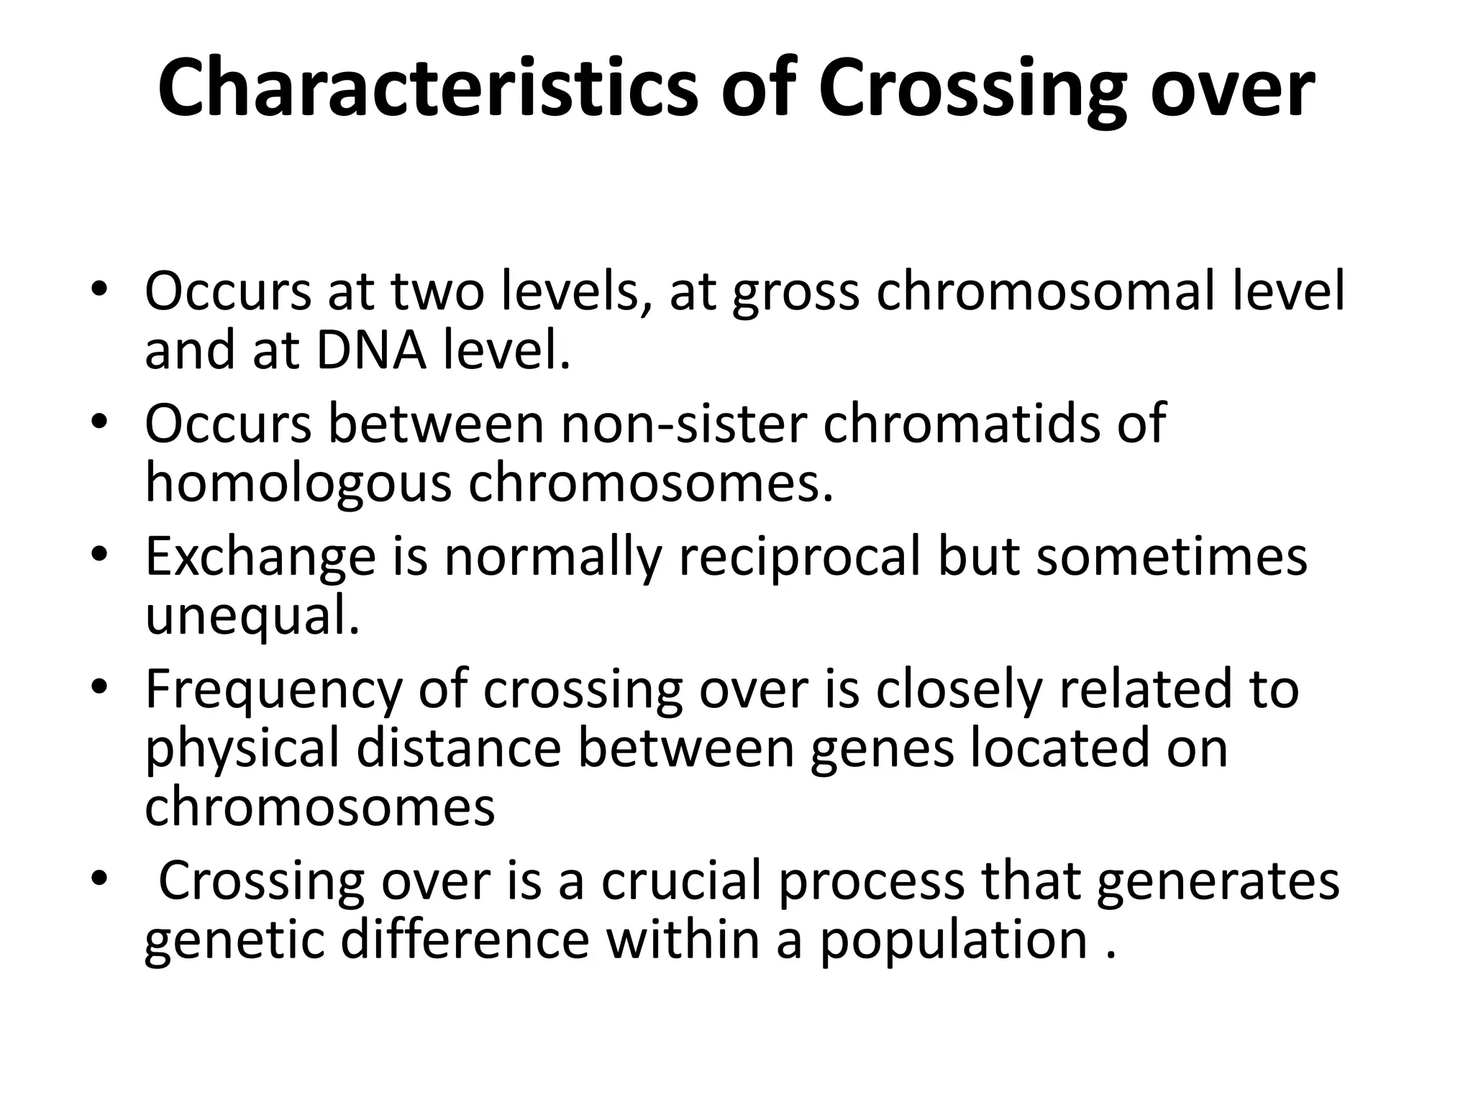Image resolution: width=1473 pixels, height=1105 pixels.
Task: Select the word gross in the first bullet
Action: [795, 291]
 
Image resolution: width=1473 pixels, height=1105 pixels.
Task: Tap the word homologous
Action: [298, 483]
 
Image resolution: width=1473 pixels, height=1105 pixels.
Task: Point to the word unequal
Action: [252, 617]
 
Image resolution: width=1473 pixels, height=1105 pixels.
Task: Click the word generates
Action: [1218, 881]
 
